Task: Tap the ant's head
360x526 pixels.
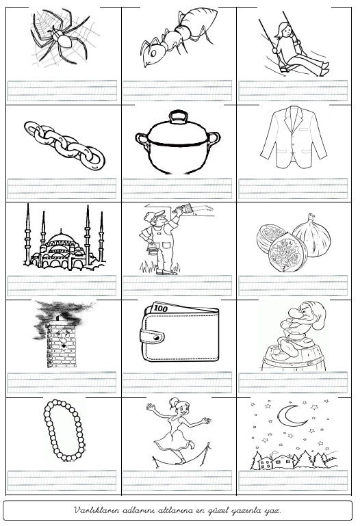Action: pyautogui.click(x=152, y=53)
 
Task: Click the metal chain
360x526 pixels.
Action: pyautogui.click(x=64, y=145)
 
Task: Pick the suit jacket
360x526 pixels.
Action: pyautogui.click(x=293, y=137)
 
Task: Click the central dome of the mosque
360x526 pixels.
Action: pyautogui.click(x=61, y=238)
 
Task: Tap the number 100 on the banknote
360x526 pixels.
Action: pyautogui.click(x=161, y=308)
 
